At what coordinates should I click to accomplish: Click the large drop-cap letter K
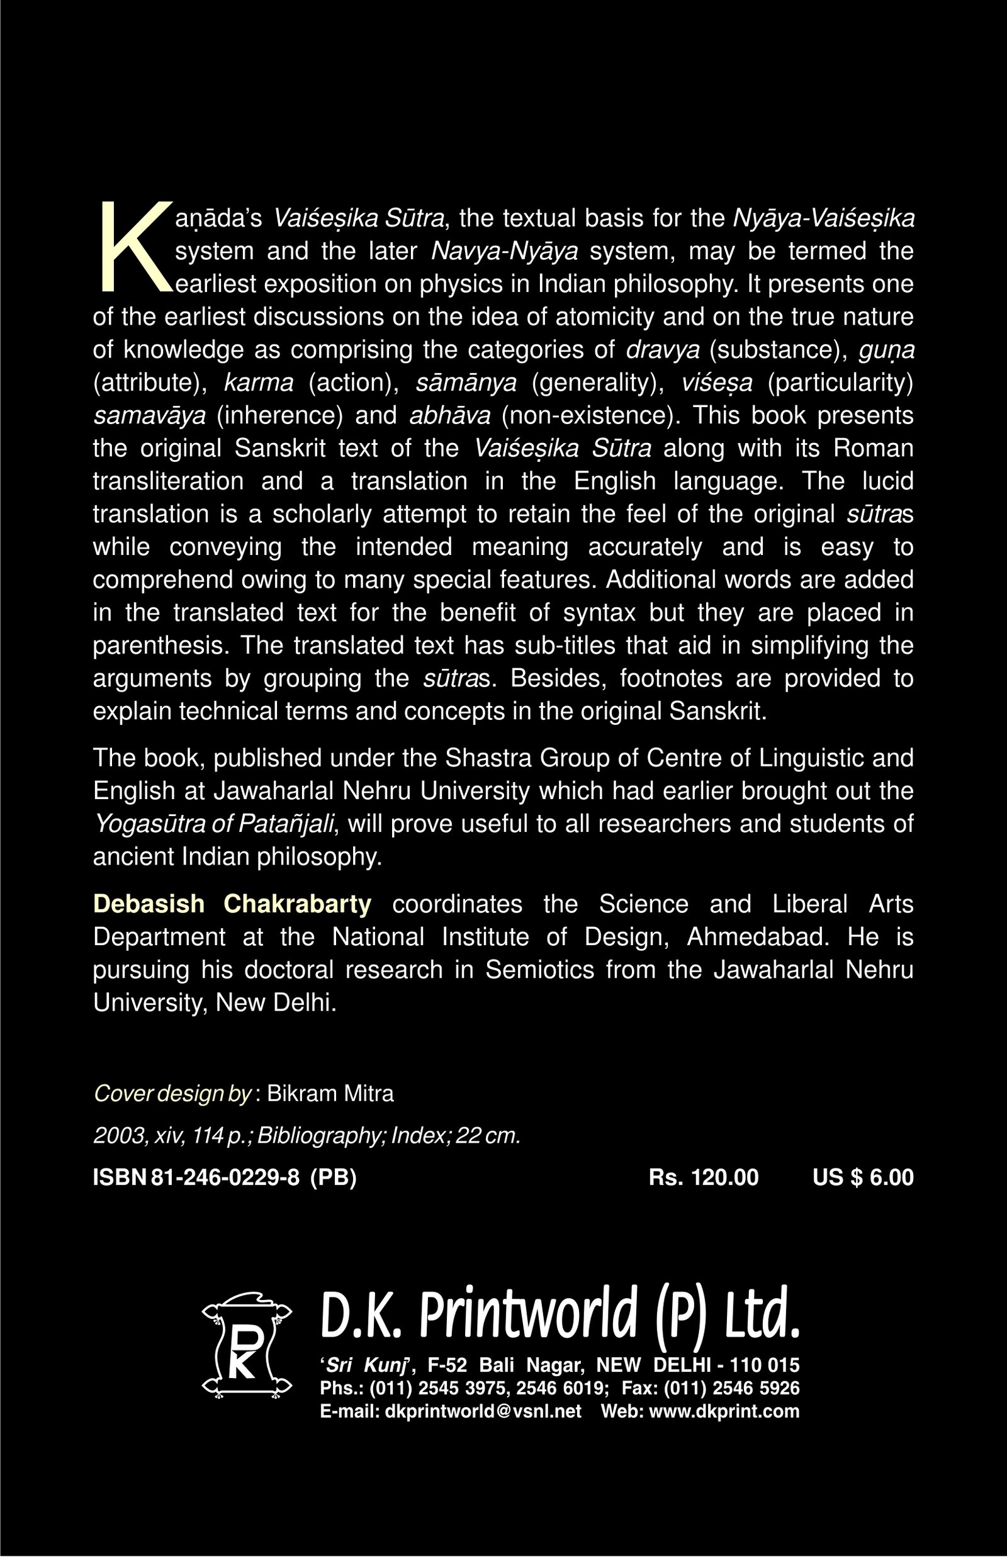(134, 247)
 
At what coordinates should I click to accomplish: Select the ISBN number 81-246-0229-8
(225, 1177)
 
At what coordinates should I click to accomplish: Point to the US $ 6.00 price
(862, 1177)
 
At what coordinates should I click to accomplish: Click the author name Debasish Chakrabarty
(232, 904)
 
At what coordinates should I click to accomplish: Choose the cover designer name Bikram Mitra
(330, 1094)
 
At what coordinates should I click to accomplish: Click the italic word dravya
(662, 350)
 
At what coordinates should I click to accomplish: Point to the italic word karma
(258, 383)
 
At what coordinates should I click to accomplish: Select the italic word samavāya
(149, 416)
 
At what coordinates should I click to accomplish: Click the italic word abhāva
(449, 416)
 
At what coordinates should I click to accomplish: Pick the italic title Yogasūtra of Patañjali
(215, 824)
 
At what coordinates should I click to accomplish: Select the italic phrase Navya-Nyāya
(505, 252)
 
